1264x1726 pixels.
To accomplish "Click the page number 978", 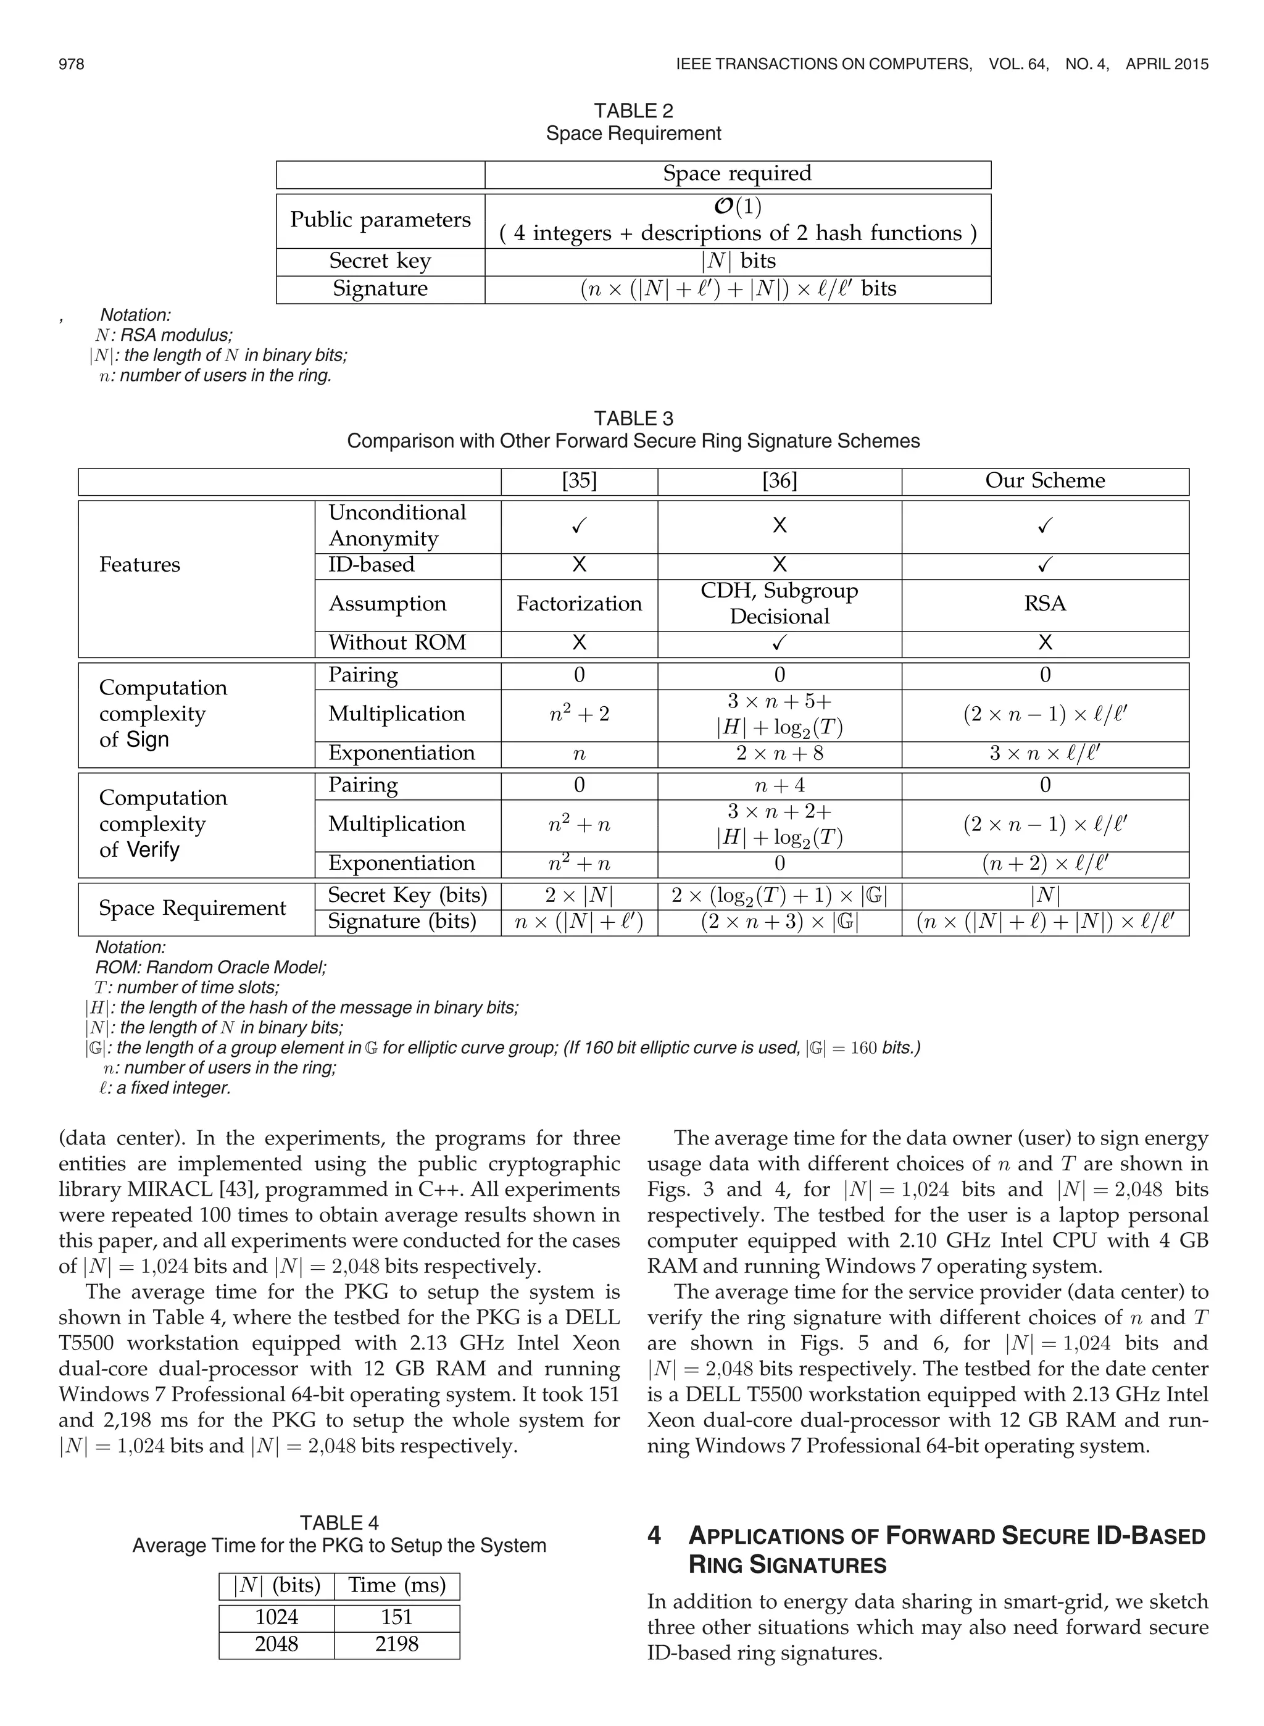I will [71, 64].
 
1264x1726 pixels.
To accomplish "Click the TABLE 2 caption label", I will [633, 111].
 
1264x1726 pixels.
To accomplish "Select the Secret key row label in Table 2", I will [380, 261].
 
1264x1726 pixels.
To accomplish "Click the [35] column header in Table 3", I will [578, 480].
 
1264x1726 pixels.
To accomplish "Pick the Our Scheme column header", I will [1044, 480].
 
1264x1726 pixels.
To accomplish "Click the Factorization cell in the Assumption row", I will [578, 604].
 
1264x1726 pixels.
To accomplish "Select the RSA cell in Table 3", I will [1044, 604].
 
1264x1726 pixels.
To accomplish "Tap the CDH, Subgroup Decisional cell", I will [779, 604].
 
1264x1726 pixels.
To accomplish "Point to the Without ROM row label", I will [397, 643].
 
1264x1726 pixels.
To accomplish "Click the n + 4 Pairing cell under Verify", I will [779, 785].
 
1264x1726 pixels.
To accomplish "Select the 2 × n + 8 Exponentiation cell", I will [779, 753].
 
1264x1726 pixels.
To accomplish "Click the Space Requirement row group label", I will [192, 908].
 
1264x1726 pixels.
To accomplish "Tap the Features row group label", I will [139, 565].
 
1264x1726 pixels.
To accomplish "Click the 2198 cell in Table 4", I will [396, 1643].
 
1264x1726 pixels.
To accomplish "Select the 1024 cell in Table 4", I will [276, 1617].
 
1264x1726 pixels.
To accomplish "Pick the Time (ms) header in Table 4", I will [396, 1585].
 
